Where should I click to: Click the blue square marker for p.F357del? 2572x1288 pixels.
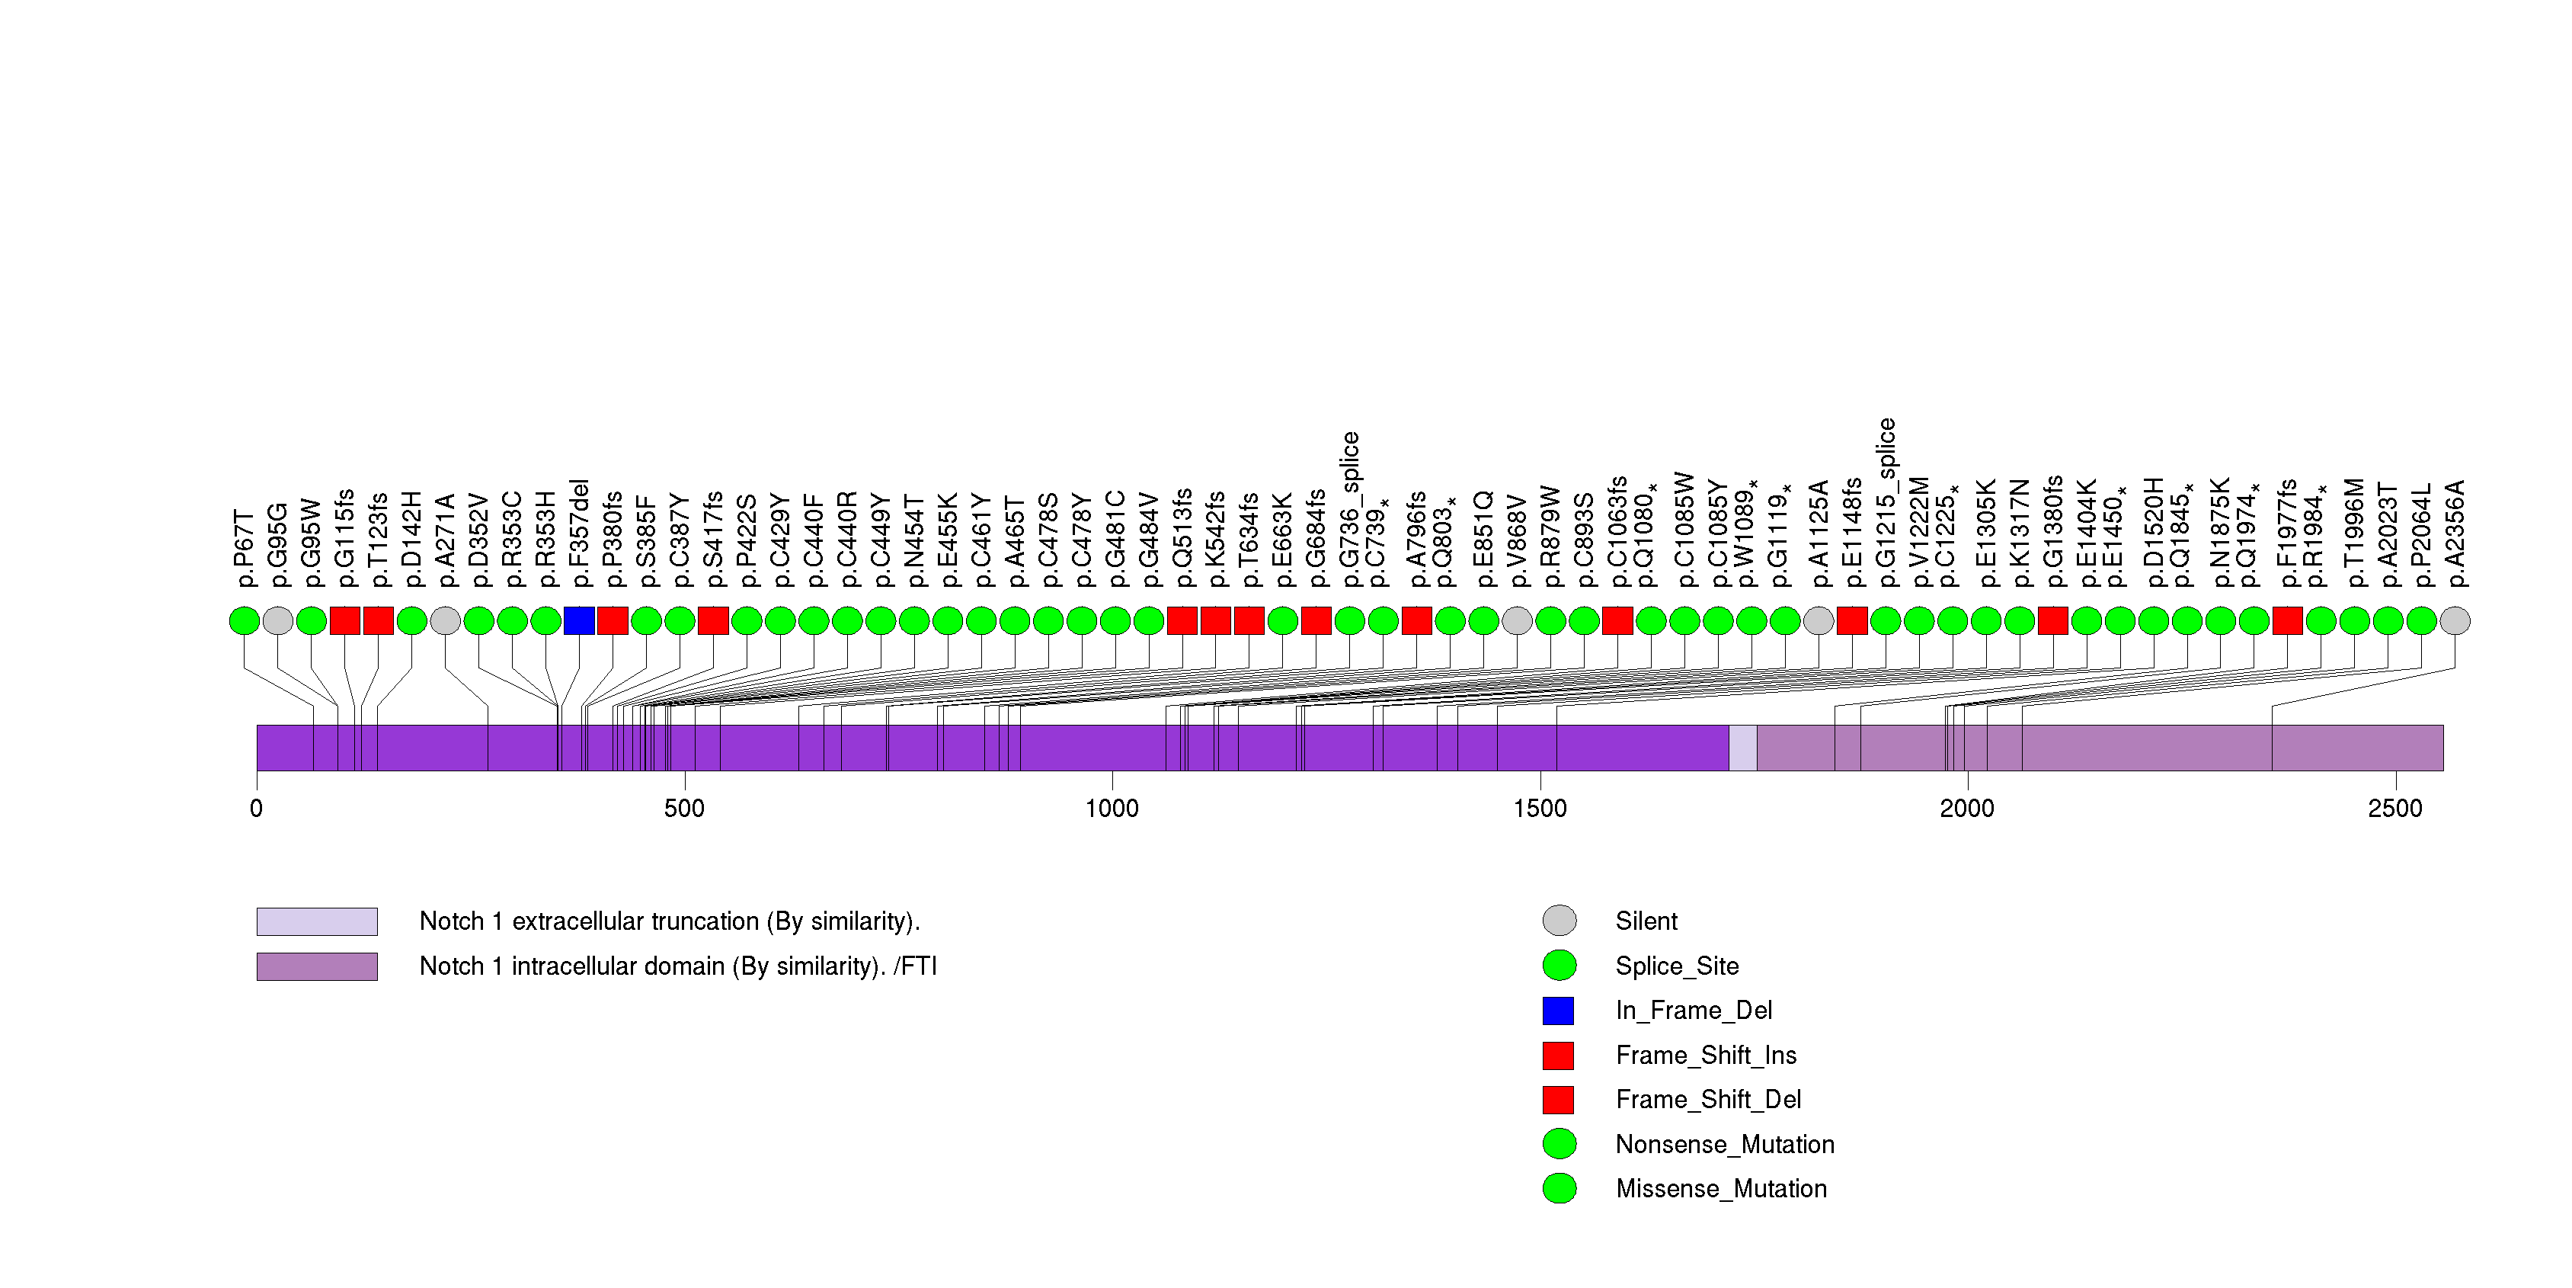click(579, 621)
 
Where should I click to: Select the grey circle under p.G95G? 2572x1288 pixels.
click(277, 621)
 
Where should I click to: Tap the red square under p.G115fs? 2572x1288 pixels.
click(344, 621)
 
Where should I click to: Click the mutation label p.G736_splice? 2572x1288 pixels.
click(1350, 510)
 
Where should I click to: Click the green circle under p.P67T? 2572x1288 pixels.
click(245, 621)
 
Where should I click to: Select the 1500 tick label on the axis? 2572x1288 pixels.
click(1540, 808)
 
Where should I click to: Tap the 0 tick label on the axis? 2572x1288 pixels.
click(257, 808)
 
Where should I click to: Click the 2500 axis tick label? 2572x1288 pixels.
click(2395, 808)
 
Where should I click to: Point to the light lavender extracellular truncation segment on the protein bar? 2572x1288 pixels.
click(1743, 748)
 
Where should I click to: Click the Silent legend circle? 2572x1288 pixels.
click(1560, 921)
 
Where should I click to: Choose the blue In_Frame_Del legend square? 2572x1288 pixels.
click(1560, 1011)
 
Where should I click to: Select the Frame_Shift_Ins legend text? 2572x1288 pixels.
click(1705, 1056)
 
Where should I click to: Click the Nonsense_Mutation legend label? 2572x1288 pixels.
click(1724, 1144)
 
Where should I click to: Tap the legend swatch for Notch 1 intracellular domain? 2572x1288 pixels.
click(316, 966)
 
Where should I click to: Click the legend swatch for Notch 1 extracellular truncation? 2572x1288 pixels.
click(316, 921)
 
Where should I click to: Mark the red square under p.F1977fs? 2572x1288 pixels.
click(2287, 621)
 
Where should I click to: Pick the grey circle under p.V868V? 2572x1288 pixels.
click(1517, 621)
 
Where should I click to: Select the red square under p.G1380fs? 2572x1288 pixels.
click(2053, 621)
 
